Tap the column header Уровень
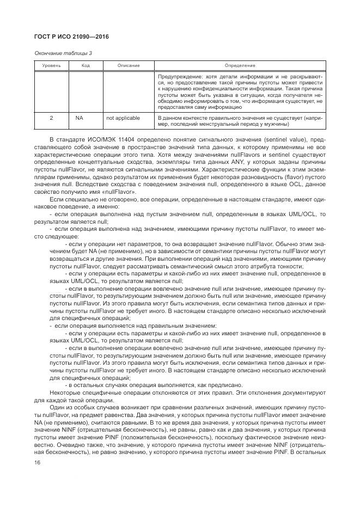pos(52,66)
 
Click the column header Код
pos(86,66)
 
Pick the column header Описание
pos(128,66)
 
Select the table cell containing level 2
pos(52,118)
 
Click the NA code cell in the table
pos(80,118)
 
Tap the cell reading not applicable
pos(123,118)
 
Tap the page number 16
pos(37,462)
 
